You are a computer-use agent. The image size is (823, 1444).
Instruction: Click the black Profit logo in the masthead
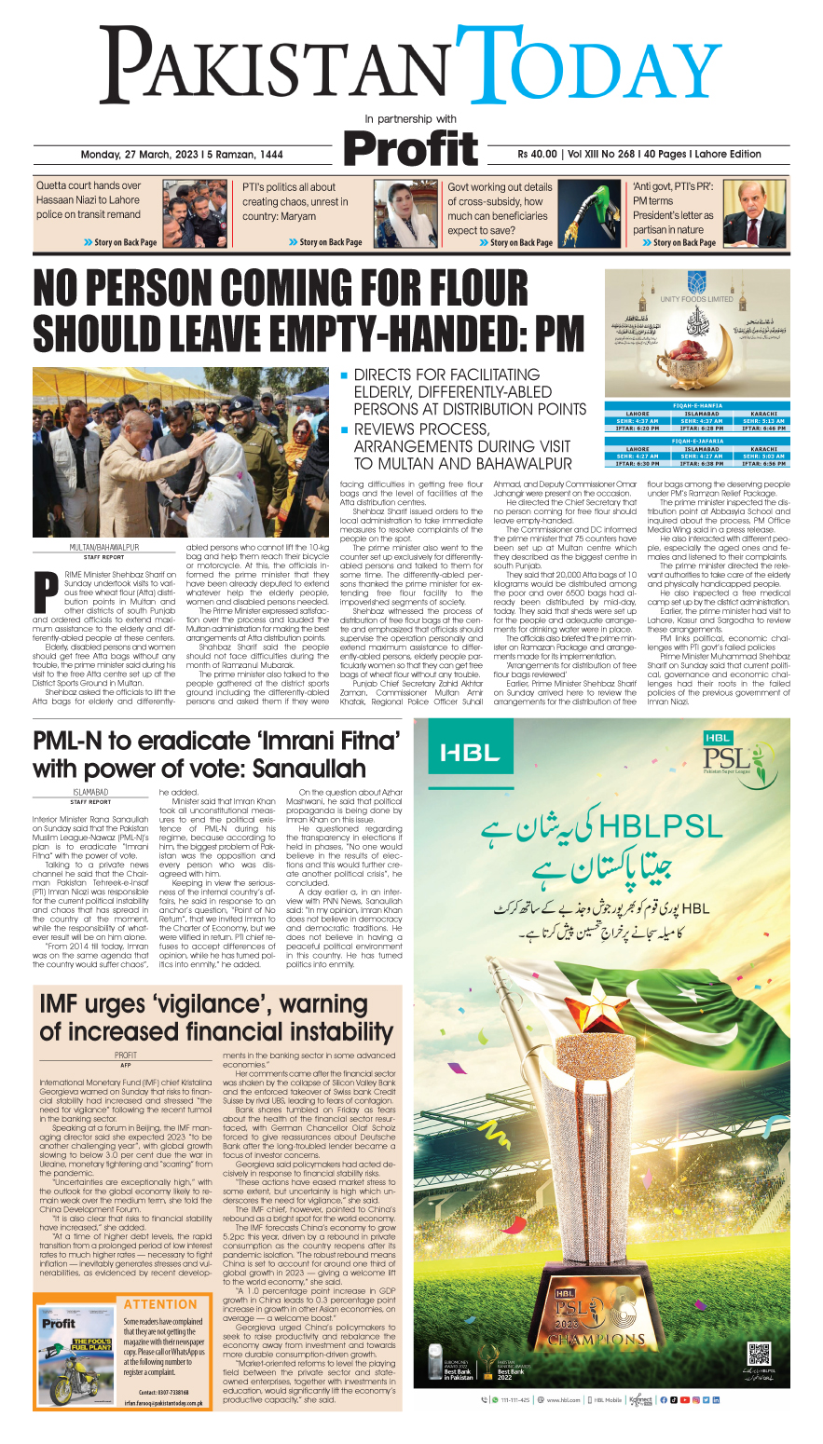point(410,149)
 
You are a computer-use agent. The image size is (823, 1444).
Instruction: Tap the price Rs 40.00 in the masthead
point(538,155)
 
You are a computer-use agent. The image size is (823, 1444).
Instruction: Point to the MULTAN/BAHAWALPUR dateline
point(104,548)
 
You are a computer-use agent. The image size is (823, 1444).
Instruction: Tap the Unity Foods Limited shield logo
point(696,282)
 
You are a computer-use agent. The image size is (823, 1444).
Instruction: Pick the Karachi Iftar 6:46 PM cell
point(763,429)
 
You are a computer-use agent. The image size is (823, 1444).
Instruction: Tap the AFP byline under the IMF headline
point(125,1064)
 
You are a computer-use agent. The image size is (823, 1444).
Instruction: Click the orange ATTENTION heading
point(160,1304)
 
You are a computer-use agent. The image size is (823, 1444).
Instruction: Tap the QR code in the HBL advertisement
point(760,1355)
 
